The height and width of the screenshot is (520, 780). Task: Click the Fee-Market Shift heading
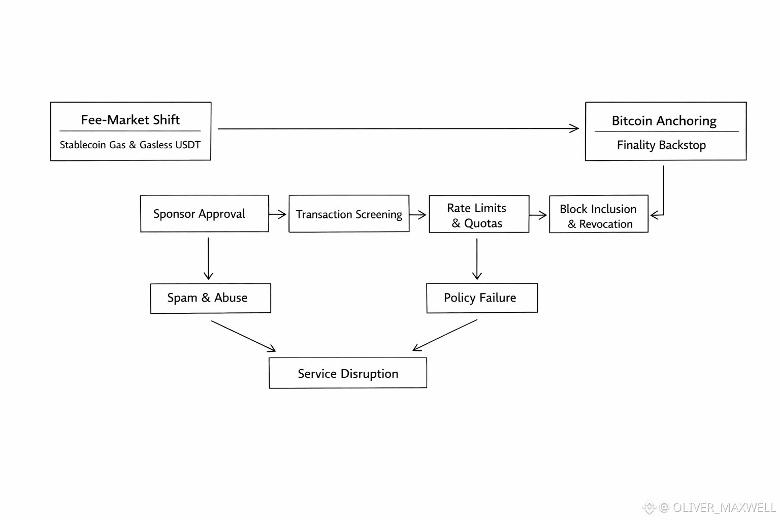pos(130,120)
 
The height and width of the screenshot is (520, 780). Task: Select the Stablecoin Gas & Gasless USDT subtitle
pos(130,145)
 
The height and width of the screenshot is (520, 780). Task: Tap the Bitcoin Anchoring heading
pos(664,121)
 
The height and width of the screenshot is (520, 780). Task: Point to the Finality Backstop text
pos(661,145)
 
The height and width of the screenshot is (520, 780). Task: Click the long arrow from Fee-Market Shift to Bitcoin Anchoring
pos(398,128)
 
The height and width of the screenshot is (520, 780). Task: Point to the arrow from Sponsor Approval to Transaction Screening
pos(278,214)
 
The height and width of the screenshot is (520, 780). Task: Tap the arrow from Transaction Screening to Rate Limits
pos(418,214)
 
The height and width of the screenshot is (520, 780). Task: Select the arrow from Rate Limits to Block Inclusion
pos(538,215)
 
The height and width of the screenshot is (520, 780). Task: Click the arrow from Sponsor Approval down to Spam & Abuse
pos(208,259)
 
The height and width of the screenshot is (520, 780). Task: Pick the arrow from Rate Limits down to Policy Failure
pos(477,259)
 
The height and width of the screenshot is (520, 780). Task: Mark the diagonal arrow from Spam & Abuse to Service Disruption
pos(243,336)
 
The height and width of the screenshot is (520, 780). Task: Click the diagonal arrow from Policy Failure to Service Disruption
pos(445,335)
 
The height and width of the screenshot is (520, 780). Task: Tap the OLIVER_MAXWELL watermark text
pos(724,507)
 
